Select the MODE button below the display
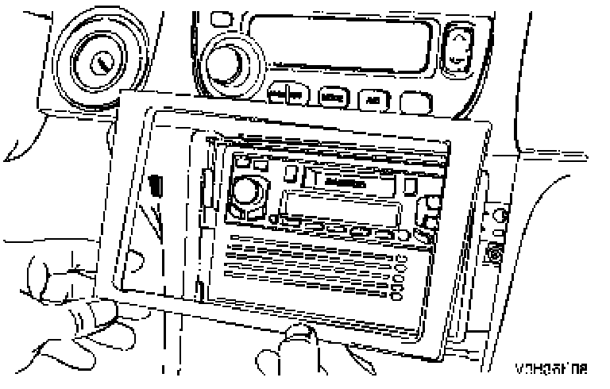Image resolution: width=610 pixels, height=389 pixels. (x=330, y=98)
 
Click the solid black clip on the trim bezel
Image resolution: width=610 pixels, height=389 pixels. (x=156, y=187)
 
